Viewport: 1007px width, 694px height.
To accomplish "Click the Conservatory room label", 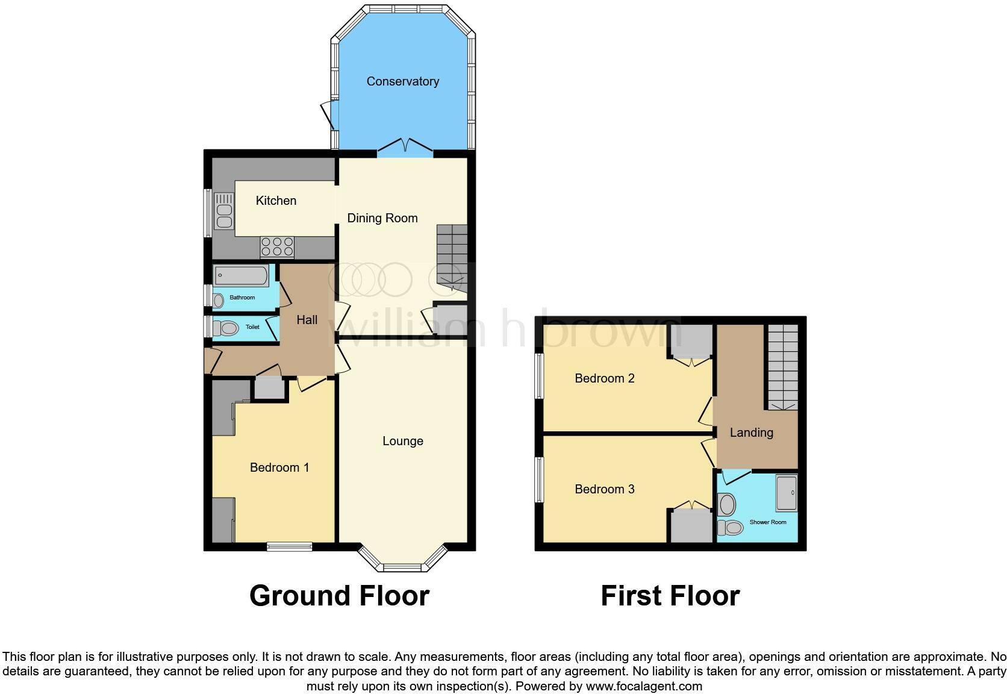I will pyautogui.click(x=402, y=81).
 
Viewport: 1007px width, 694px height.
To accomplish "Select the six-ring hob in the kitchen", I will pyautogui.click(x=277, y=246).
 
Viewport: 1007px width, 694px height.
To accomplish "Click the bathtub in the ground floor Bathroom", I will pyautogui.click(x=241, y=276).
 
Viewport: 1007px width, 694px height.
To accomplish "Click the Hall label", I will pyautogui.click(x=307, y=320).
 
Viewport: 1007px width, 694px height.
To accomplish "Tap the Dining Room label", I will pyautogui.click(x=382, y=218).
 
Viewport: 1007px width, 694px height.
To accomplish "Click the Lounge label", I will pyautogui.click(x=402, y=441).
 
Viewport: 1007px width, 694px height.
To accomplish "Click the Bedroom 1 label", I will pyautogui.click(x=279, y=467).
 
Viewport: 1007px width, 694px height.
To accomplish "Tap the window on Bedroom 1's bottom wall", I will pyautogui.click(x=290, y=546).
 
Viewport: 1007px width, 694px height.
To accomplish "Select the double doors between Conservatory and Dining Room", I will pyautogui.click(x=405, y=148).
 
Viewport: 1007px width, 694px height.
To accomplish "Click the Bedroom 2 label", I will pyautogui.click(x=604, y=378).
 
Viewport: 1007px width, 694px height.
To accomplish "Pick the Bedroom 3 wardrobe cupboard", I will pyautogui.click(x=691, y=525).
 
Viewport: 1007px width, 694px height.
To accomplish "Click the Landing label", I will pyautogui.click(x=751, y=433).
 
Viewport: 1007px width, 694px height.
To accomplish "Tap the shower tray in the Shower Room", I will pyautogui.click(x=786, y=493).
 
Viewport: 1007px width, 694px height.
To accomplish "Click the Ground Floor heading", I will pyautogui.click(x=339, y=596).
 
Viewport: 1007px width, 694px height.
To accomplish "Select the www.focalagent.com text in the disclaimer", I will pyautogui.click(x=644, y=686).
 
